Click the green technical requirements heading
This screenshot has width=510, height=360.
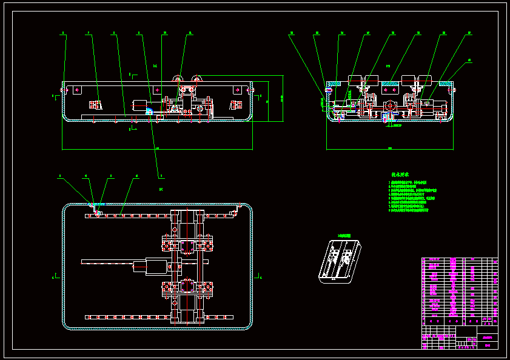400,174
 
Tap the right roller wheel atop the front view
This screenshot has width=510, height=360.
196,79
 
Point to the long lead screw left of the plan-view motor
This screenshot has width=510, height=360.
107,262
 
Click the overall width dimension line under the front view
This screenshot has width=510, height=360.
158,148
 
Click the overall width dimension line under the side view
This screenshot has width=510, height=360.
390,148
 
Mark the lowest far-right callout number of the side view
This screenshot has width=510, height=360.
468,61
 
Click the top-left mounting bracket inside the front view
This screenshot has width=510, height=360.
76,90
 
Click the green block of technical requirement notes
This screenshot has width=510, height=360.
409,195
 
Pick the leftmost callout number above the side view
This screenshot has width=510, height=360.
291,35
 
